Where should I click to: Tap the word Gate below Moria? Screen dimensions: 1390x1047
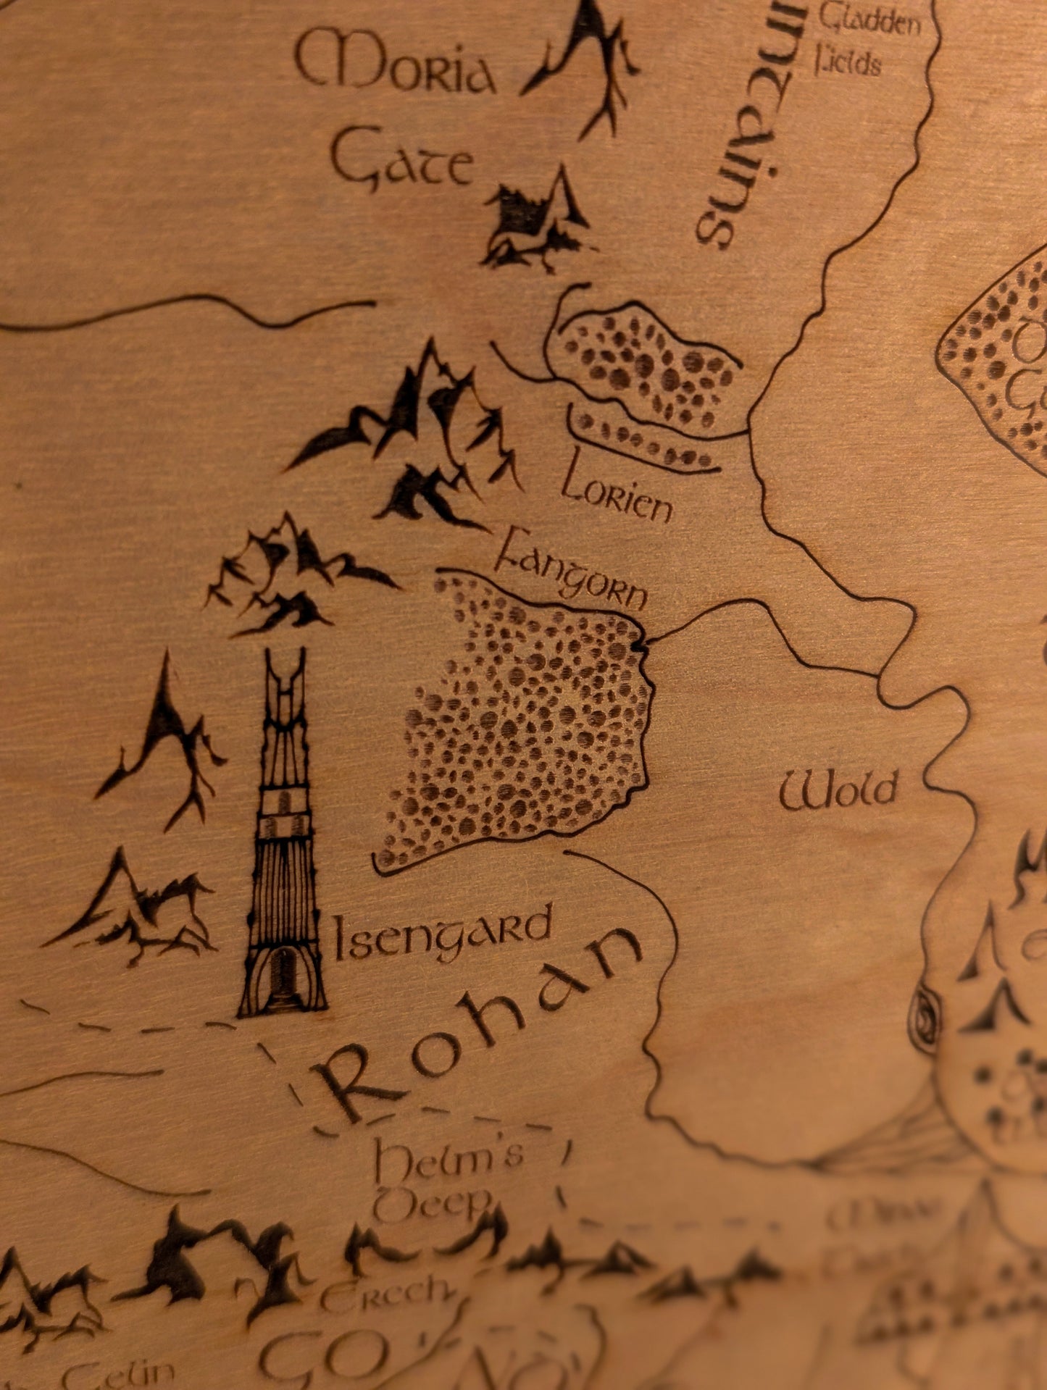(x=402, y=163)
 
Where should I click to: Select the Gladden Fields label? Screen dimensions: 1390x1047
(x=866, y=40)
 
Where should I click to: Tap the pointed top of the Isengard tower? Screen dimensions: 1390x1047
(x=284, y=663)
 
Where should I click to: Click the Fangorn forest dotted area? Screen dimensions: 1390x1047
(x=522, y=724)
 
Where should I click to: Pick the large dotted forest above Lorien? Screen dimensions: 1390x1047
(x=645, y=366)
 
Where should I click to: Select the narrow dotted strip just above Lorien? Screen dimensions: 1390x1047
(x=641, y=442)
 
